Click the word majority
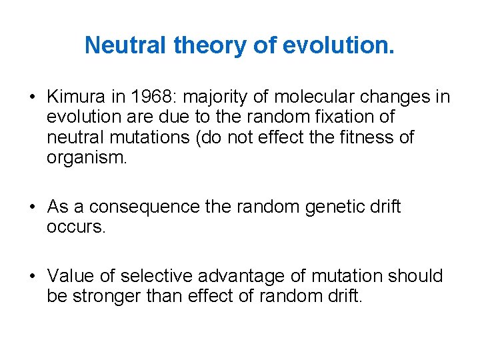coord(217,97)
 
